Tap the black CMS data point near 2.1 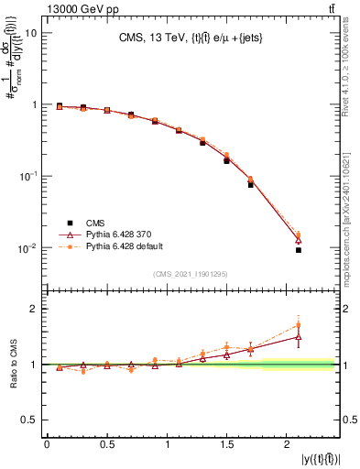point(299,250)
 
